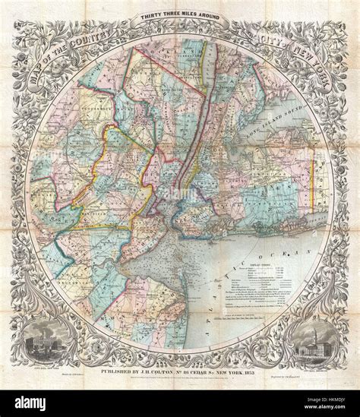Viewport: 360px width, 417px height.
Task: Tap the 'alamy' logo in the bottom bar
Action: pos(30,403)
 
